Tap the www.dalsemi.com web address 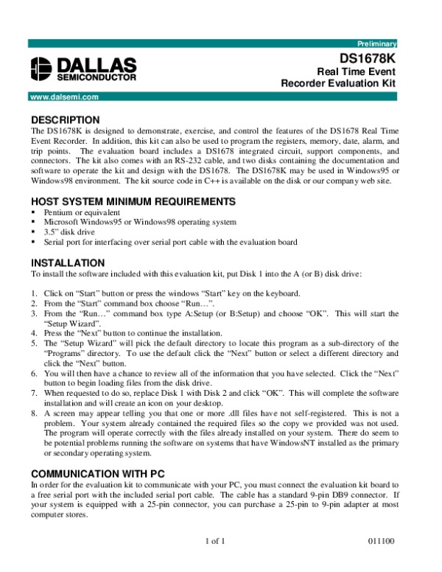click(x=64, y=96)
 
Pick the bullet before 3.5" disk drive click(x=33, y=231)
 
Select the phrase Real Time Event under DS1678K click(x=357, y=71)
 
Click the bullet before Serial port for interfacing click(x=33, y=241)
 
